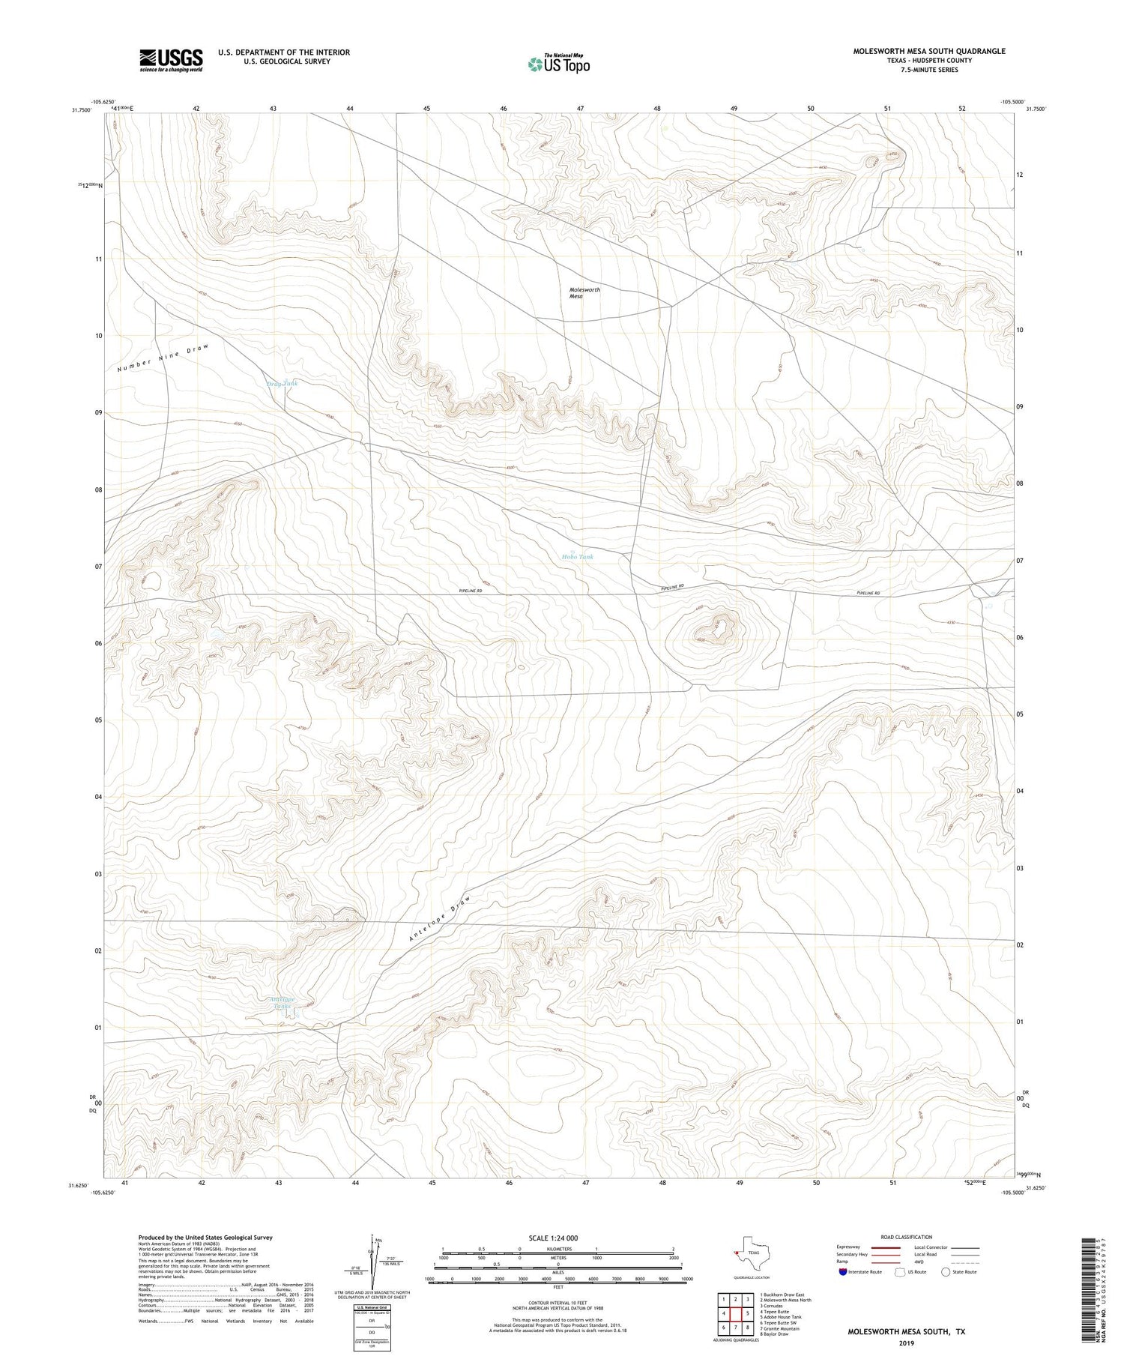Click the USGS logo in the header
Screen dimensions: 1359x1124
click(x=171, y=60)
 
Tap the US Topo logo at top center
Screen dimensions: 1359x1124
click(x=558, y=64)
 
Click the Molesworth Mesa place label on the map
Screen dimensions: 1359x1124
click(x=584, y=292)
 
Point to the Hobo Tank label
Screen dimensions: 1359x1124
click(x=577, y=557)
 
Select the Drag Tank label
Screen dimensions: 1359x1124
click(x=282, y=383)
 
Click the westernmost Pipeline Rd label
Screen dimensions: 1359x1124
click(x=470, y=591)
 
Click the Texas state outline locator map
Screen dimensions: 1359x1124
click(x=747, y=1251)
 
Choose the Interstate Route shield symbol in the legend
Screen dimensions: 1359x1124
click(x=844, y=1272)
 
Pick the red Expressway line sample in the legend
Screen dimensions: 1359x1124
click(x=884, y=1247)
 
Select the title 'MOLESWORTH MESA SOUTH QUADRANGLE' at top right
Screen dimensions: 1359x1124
click(x=929, y=51)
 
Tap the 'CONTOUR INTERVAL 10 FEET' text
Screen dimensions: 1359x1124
click(x=558, y=1304)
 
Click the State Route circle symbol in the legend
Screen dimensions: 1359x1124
click(x=946, y=1272)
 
